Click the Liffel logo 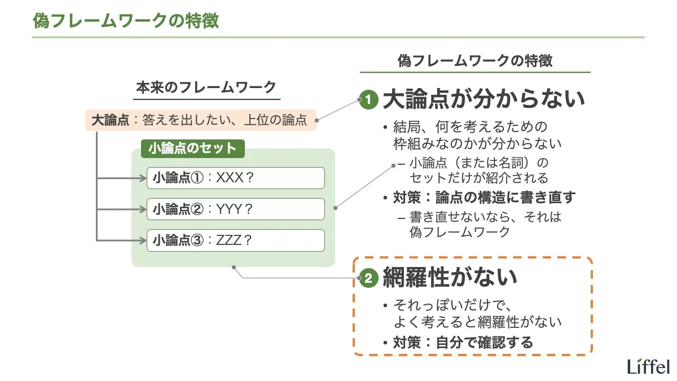click(648, 366)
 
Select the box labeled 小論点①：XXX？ click(235, 178)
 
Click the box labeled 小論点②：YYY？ click(235, 209)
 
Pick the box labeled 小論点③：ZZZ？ click(235, 240)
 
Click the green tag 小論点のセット click(192, 148)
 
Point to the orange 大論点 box click(200, 120)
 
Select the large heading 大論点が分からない click(483, 100)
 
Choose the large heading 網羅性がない click(450, 277)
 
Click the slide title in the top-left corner click(126, 21)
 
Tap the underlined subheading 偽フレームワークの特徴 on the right click(475, 61)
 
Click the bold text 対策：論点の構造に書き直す click(484, 198)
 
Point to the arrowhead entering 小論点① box click(143, 178)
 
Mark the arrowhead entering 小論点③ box click(143, 240)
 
